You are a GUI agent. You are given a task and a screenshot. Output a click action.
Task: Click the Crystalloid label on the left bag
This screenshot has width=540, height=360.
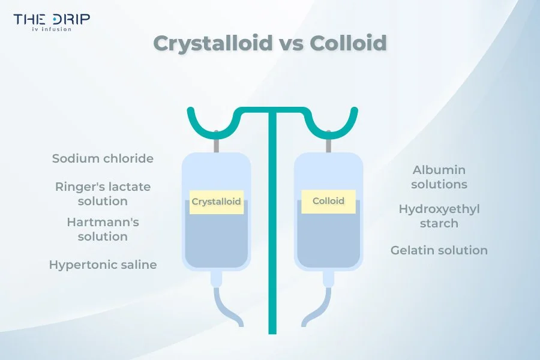[x=216, y=202]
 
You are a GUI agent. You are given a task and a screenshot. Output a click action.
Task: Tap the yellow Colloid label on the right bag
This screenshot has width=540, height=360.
[x=328, y=200]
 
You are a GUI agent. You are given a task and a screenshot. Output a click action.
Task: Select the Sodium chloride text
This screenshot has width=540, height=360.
[x=103, y=159]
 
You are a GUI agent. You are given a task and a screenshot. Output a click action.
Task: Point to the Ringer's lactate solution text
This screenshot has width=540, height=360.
[x=103, y=194]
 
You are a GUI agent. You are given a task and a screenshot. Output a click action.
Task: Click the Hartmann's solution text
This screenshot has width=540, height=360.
[x=103, y=229]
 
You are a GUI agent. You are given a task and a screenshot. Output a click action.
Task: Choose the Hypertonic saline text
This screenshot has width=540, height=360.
[x=103, y=265]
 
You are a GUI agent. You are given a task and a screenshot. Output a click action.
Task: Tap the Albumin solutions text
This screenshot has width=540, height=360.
[x=439, y=178]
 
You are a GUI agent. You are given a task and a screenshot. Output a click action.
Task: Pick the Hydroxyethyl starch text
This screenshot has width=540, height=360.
[x=439, y=216]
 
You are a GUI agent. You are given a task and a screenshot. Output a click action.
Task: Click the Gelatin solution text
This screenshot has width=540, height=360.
[x=439, y=250]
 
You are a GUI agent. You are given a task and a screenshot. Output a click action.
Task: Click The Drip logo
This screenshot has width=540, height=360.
[x=52, y=19]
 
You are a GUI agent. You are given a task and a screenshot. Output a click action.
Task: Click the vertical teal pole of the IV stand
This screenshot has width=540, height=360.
[x=272, y=240]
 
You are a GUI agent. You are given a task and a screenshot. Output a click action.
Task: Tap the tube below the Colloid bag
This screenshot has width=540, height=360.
[x=317, y=306]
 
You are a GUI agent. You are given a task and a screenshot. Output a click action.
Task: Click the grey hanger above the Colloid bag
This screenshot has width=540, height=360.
[x=328, y=145]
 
